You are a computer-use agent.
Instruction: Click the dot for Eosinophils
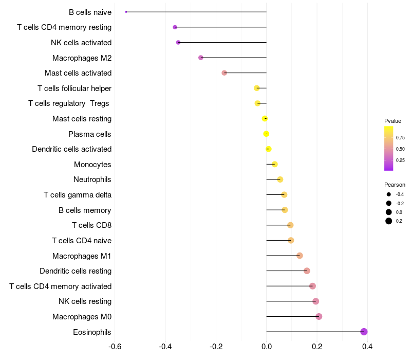pyautogui.click(x=364, y=332)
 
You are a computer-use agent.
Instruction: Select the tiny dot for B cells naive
pyautogui.click(x=126, y=12)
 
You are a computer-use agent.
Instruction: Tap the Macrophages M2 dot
pyautogui.click(x=201, y=58)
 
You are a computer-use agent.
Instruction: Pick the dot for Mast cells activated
pyautogui.click(x=224, y=73)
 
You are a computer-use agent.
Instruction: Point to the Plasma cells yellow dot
pyautogui.click(x=266, y=134)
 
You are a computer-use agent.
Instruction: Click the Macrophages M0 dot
pyautogui.click(x=319, y=316)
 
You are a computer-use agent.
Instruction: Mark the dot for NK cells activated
pyautogui.click(x=178, y=42)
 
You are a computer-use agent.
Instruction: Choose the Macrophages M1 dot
pyautogui.click(x=300, y=256)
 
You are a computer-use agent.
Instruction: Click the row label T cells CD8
pyautogui.click(x=92, y=225)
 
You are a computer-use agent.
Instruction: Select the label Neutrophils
pyautogui.click(x=92, y=179)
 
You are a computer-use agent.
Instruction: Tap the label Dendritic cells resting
pyautogui.click(x=76, y=271)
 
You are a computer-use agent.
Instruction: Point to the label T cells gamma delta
pyautogui.click(x=78, y=195)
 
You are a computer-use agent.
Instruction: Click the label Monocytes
pyautogui.click(x=92, y=165)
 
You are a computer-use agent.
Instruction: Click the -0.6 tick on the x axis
pyautogui.click(x=115, y=347)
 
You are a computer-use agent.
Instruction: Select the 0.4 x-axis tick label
pyautogui.click(x=367, y=347)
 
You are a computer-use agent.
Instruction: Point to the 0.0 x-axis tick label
pyautogui.click(x=267, y=347)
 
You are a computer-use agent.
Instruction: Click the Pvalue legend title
pyautogui.click(x=393, y=121)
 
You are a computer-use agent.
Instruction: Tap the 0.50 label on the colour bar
pyautogui.click(x=400, y=149)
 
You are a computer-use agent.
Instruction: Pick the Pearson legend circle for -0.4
pyautogui.click(x=389, y=194)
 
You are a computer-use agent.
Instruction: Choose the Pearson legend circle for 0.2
pyautogui.click(x=389, y=221)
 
